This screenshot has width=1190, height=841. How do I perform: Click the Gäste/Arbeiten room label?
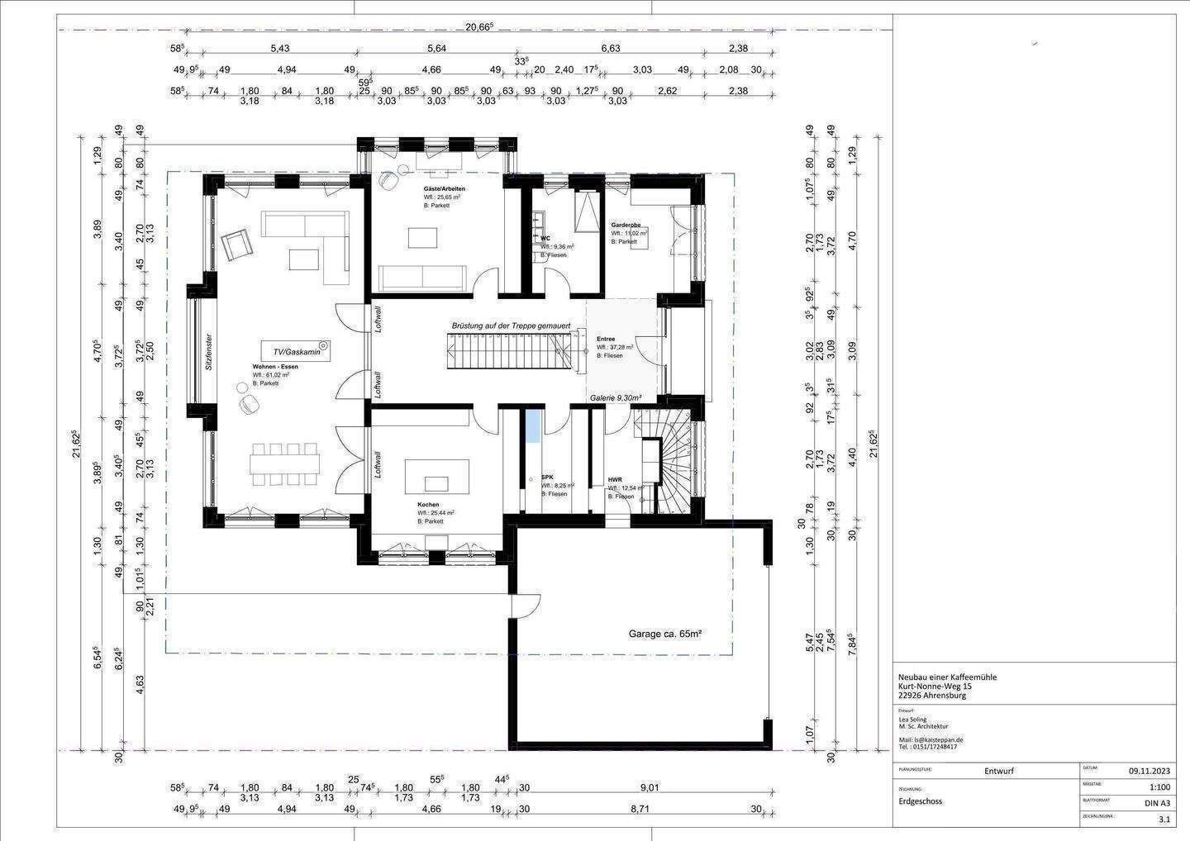(x=438, y=189)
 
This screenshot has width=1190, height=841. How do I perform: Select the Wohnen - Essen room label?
(x=275, y=366)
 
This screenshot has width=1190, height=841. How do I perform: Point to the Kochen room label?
(x=428, y=504)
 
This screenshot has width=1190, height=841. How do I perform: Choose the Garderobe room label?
(x=626, y=225)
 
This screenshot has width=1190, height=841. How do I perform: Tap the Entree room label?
(x=605, y=339)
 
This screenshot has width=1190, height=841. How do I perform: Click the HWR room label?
(x=615, y=479)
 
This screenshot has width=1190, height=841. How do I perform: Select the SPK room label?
(x=547, y=477)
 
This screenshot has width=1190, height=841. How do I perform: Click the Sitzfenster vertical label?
(x=209, y=351)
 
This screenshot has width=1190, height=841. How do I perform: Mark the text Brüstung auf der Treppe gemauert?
(x=511, y=325)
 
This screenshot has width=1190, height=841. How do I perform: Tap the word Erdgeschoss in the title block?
(x=921, y=801)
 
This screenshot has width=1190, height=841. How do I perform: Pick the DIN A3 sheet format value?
(x=1156, y=803)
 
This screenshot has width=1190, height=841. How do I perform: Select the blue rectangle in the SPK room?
(x=533, y=426)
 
